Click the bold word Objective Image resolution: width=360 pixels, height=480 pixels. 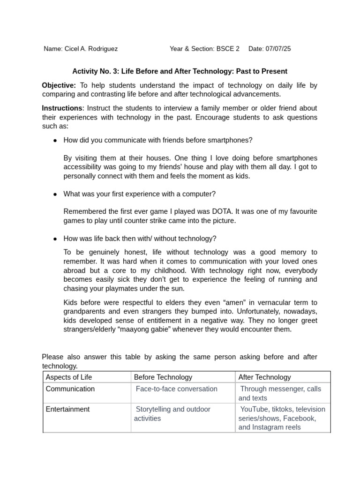tap(59, 85)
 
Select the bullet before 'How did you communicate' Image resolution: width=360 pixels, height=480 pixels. tap(55, 140)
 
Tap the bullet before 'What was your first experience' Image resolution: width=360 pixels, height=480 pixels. tap(55, 194)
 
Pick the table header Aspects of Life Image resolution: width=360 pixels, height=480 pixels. tap(69, 377)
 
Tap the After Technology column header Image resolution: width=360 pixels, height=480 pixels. tap(264, 377)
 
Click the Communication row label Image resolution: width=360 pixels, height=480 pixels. tap(70, 389)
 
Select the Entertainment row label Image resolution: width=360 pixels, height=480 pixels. tap(67, 409)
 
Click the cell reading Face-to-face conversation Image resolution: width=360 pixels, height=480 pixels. tap(176, 389)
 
